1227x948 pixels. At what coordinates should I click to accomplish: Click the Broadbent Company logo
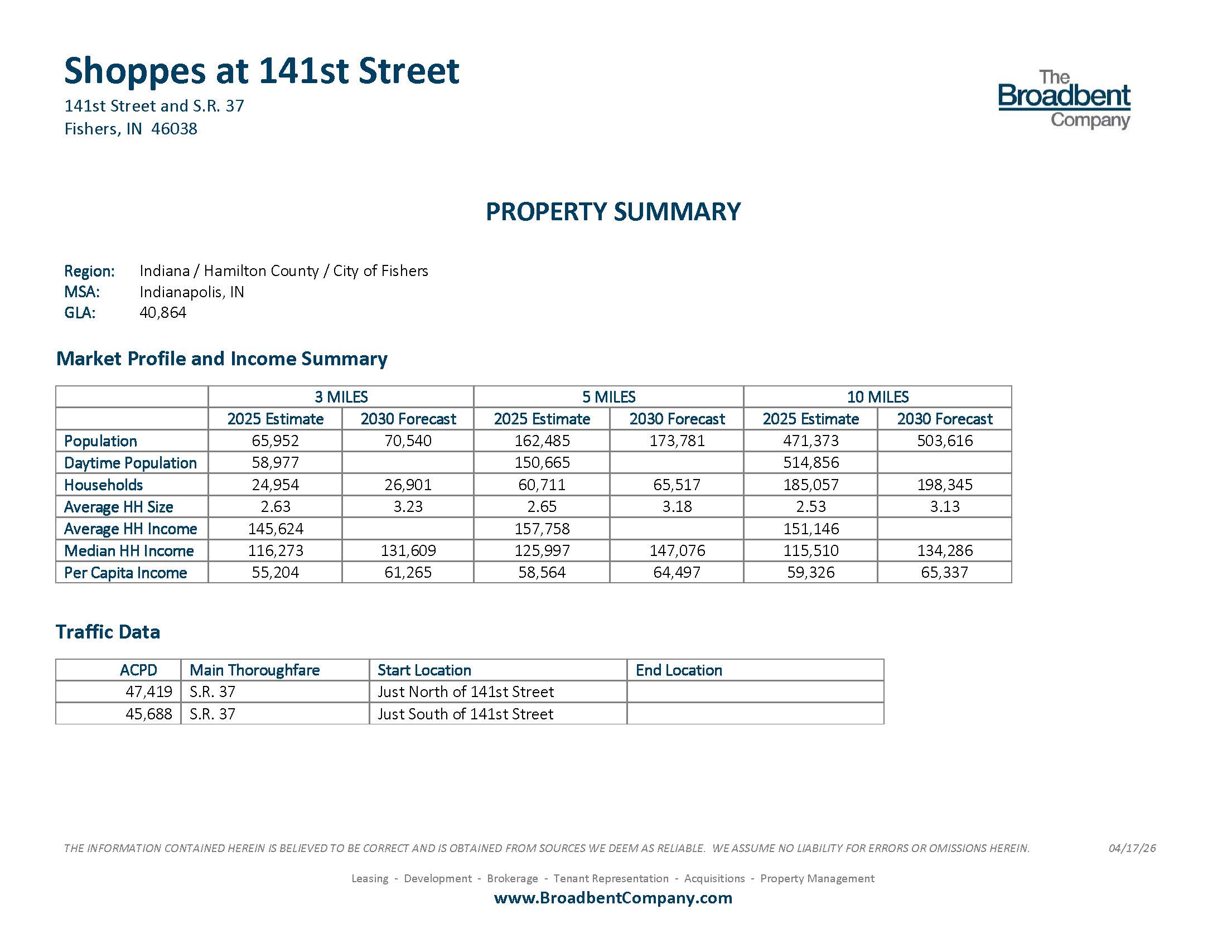point(1064,99)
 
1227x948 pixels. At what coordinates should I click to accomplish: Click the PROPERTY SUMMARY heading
point(613,212)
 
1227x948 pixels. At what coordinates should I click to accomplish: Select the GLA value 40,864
point(163,312)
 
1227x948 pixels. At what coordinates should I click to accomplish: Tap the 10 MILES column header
point(877,397)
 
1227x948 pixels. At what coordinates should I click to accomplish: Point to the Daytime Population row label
point(131,463)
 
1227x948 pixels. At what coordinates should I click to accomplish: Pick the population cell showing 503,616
point(944,441)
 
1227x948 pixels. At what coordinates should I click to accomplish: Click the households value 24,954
point(276,485)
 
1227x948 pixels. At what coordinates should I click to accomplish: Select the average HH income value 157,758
point(542,529)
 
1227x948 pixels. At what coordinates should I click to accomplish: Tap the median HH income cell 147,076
point(677,550)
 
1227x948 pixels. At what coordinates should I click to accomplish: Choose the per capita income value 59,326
point(811,572)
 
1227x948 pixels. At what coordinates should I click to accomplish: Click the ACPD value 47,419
point(148,692)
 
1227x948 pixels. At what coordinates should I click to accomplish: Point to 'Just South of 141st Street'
point(465,714)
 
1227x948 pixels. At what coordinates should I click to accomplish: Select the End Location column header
point(679,670)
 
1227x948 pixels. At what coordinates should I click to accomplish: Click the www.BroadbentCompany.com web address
point(613,897)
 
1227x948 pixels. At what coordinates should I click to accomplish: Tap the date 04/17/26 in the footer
point(1132,848)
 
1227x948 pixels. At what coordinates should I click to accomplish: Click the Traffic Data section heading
point(108,632)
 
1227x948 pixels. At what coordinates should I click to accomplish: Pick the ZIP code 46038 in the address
point(174,129)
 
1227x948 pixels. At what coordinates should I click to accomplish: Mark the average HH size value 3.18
point(677,506)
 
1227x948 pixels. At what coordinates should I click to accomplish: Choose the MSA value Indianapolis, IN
point(191,292)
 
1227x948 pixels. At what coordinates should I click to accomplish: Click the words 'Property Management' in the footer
point(817,878)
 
